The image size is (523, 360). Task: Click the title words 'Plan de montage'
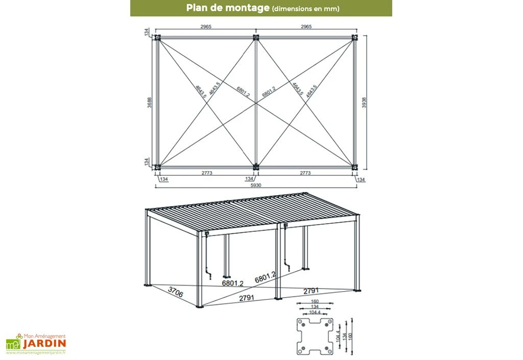point(228,8)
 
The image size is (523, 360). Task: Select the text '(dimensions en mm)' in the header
point(305,9)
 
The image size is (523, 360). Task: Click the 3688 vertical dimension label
point(149,102)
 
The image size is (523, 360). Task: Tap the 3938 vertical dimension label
point(364,102)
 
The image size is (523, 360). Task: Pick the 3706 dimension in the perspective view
point(175,292)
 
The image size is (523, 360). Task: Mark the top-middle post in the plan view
point(256,38)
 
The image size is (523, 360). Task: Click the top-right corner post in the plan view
point(354,38)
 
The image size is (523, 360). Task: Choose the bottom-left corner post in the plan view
point(158,166)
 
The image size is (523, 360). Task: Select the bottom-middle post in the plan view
point(256,166)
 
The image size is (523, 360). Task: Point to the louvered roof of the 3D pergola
point(255,209)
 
